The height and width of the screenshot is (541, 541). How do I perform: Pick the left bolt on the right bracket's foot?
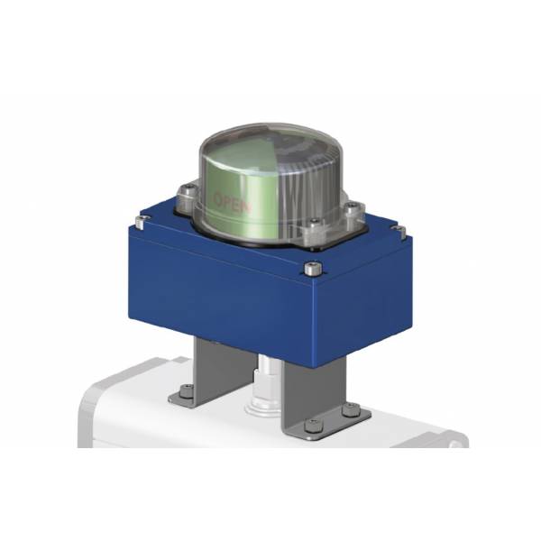(310, 425)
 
